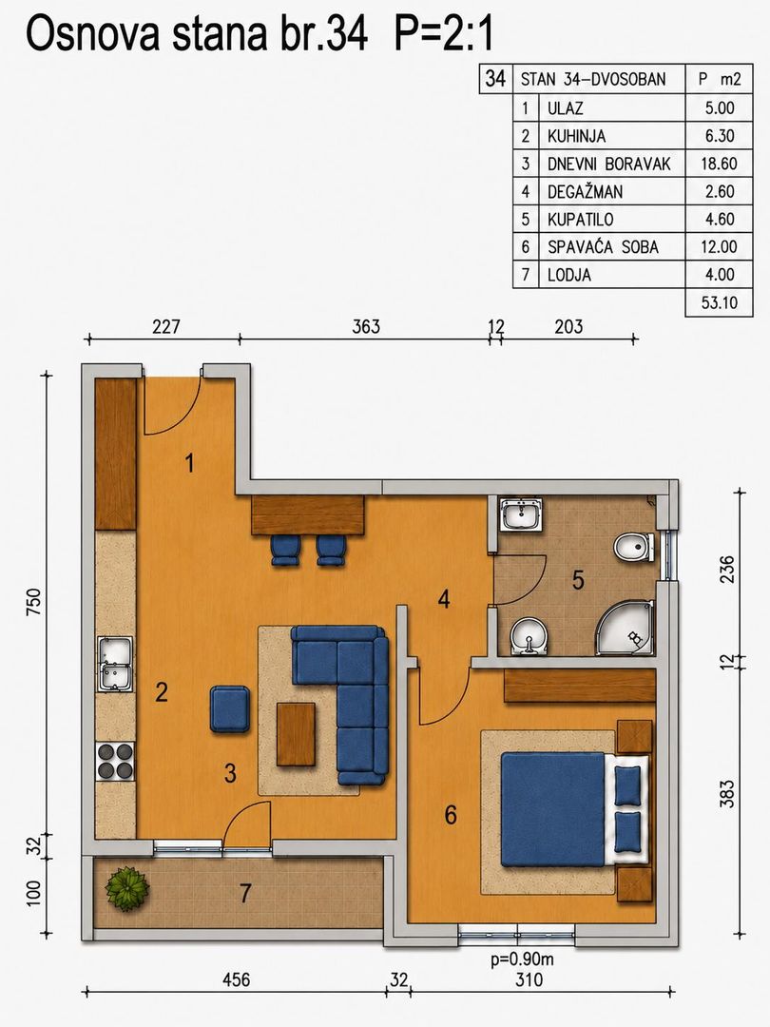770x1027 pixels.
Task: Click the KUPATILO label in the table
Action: tap(580, 220)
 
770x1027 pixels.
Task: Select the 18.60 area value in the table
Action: tap(719, 164)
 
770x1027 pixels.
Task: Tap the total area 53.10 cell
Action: tap(719, 302)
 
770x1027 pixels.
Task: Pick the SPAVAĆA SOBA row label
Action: tap(603, 247)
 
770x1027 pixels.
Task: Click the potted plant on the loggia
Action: tap(127, 889)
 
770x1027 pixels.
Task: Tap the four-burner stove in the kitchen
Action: tap(115, 761)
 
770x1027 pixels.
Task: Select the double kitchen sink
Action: tap(115, 664)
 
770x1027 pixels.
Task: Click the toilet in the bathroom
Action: tap(634, 547)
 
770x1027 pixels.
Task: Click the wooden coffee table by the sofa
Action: tap(296, 733)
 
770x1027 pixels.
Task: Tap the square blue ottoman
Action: tap(230, 708)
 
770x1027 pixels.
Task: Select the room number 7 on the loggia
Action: tap(245, 893)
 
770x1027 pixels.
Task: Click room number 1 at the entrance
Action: tap(189, 464)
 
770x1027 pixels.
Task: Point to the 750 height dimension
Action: tap(34, 601)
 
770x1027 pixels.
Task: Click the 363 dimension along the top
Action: tap(366, 326)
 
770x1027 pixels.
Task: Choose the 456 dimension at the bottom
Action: tap(237, 979)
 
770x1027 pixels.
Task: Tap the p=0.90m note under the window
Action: tap(523, 959)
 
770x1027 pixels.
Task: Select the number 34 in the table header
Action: tap(495, 79)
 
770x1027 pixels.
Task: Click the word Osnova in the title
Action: tap(92, 34)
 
